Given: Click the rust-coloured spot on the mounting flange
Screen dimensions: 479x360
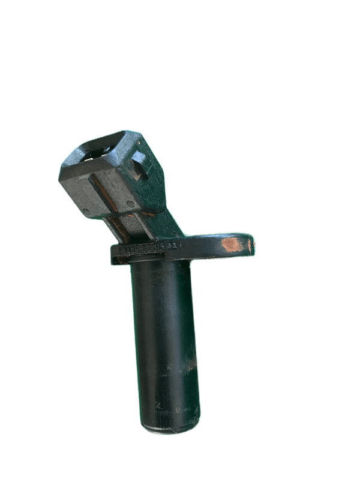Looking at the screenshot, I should pos(232,244).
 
